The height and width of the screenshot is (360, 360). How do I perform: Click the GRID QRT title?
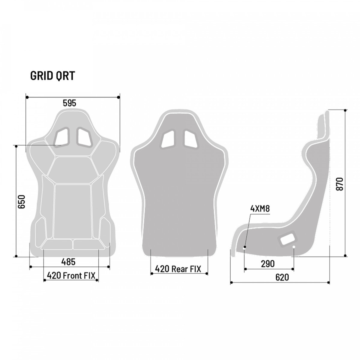pos(52,76)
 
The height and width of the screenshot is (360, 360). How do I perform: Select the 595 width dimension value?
pos(69,103)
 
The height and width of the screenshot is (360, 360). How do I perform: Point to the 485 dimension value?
pos(68,262)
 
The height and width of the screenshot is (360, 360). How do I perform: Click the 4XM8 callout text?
pos(260,209)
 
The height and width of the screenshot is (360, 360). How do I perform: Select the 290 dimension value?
pos(267,264)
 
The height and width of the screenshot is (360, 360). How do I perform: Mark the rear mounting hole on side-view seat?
pos(294,247)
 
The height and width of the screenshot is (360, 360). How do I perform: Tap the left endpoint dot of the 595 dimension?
pos(27,97)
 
